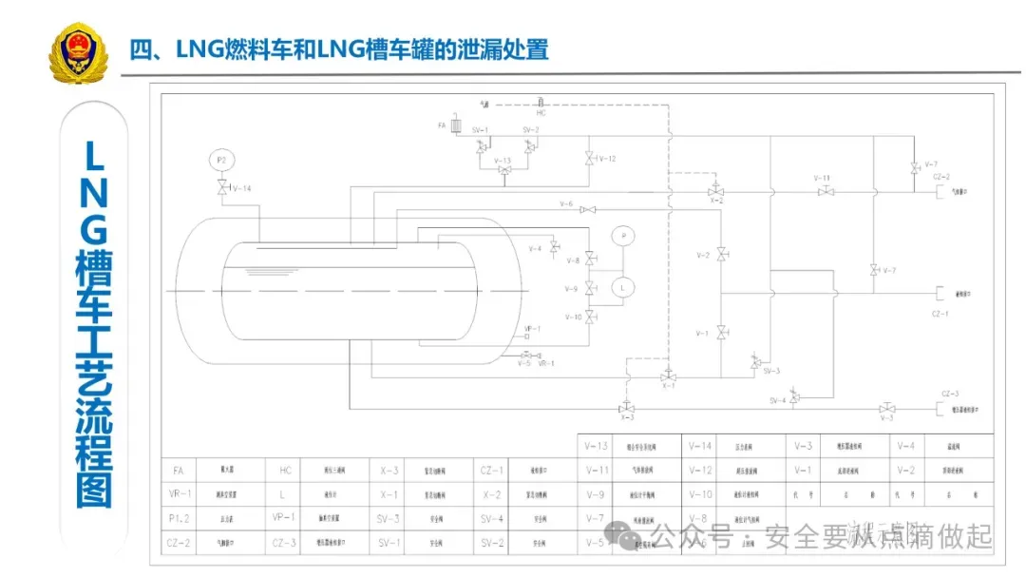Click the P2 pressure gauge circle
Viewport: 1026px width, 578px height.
point(221,160)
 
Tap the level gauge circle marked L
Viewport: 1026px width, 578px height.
point(623,286)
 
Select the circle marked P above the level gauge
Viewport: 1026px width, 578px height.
point(623,235)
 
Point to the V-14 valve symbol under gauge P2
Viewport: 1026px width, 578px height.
point(222,188)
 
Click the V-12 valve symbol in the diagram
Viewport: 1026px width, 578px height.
point(589,159)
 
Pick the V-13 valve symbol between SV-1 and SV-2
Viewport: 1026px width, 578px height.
point(504,170)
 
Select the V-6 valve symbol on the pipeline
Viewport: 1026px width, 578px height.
point(588,209)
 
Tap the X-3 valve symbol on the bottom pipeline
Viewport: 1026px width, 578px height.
point(627,407)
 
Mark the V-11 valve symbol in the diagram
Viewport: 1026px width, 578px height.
point(826,191)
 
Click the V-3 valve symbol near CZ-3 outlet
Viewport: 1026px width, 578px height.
point(886,408)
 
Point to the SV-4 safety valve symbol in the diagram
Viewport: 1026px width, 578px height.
point(794,396)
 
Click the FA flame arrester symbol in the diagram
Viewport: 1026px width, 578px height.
point(456,125)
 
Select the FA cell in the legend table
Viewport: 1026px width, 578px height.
point(178,471)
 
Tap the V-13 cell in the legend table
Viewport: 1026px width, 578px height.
point(596,446)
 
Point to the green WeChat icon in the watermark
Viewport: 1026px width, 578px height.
point(628,537)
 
